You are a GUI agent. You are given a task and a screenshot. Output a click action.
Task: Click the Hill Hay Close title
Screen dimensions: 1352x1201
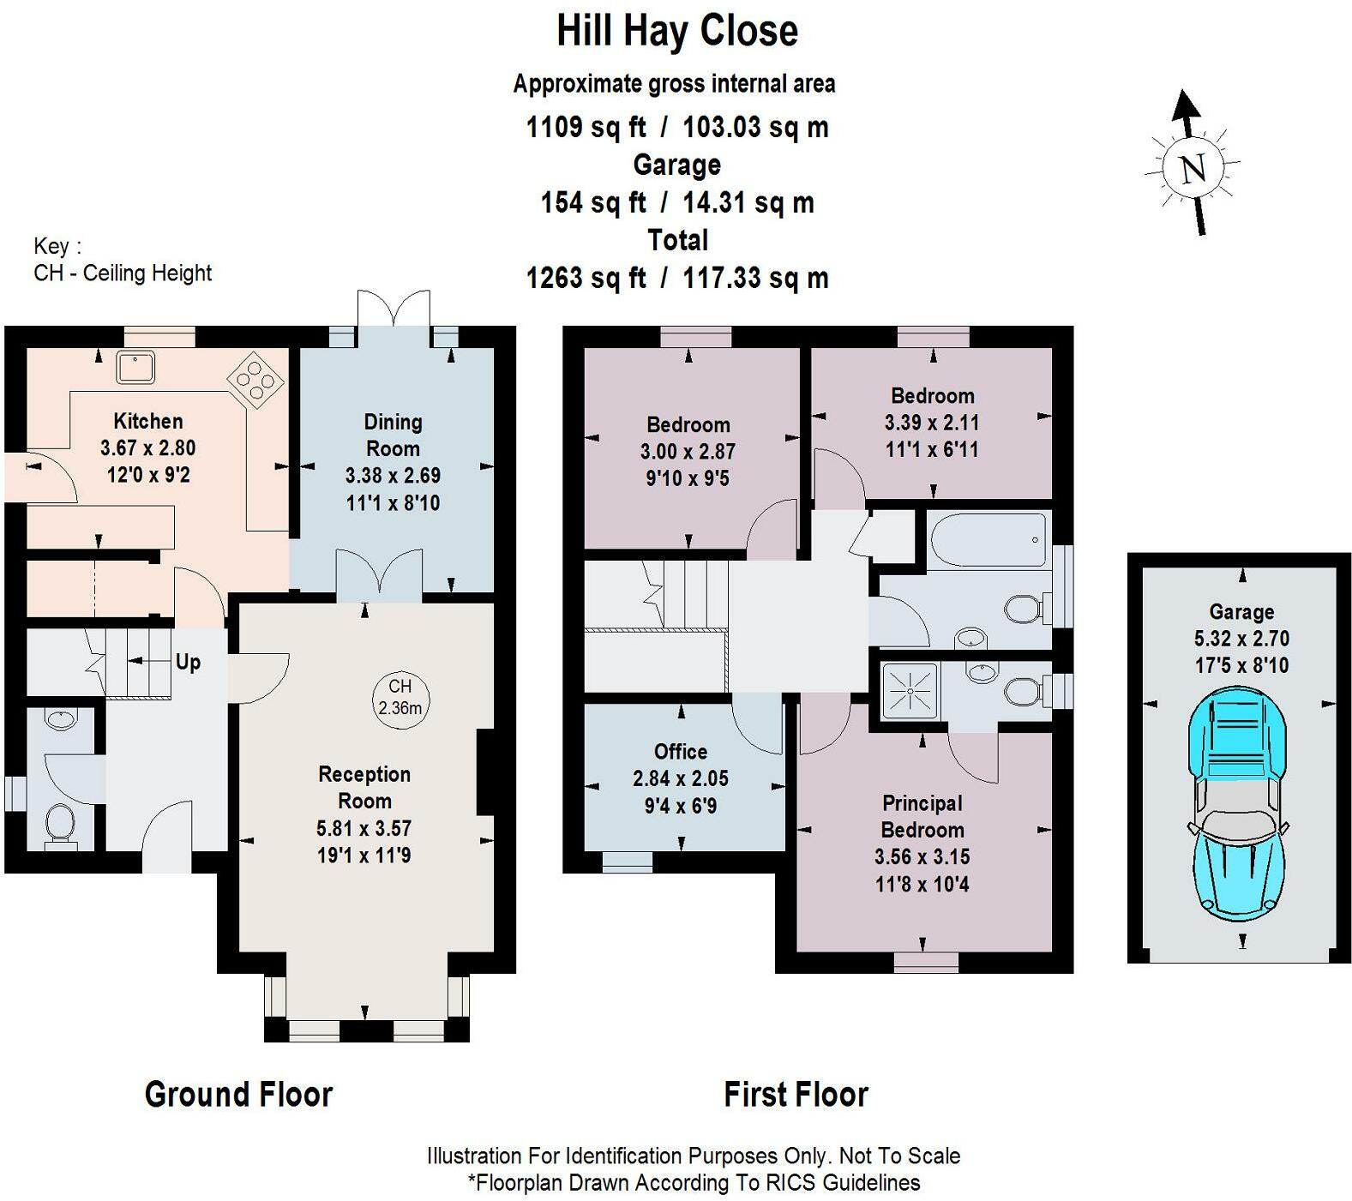677,31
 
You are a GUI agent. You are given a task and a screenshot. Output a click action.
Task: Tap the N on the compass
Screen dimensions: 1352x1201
1193,168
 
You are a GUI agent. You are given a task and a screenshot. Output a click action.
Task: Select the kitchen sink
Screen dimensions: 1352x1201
135,367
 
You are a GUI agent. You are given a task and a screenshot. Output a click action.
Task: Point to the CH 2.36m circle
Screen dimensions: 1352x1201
400,698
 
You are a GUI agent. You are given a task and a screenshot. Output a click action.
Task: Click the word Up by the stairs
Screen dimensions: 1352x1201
188,662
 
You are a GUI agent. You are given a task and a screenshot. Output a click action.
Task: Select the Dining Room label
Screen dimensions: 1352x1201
393,435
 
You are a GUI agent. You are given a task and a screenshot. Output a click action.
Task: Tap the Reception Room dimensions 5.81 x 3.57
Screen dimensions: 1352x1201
364,828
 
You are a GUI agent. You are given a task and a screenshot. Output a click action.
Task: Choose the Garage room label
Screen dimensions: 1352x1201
1241,612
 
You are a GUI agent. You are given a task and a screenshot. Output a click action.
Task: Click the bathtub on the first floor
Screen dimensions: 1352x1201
988,540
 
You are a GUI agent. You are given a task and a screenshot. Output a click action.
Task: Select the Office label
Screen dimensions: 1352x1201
681,752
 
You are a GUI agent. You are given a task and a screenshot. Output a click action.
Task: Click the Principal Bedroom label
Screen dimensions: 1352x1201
922,816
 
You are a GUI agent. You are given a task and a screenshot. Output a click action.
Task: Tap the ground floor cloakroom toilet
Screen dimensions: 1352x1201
59,824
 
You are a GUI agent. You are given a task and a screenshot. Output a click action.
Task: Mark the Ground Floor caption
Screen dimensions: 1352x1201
238,1095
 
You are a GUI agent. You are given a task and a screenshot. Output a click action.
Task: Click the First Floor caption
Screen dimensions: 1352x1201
796,1095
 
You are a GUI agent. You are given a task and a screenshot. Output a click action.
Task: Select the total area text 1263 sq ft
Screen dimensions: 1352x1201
586,278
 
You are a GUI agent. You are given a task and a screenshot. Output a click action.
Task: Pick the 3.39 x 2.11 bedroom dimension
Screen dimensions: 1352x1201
932,423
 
